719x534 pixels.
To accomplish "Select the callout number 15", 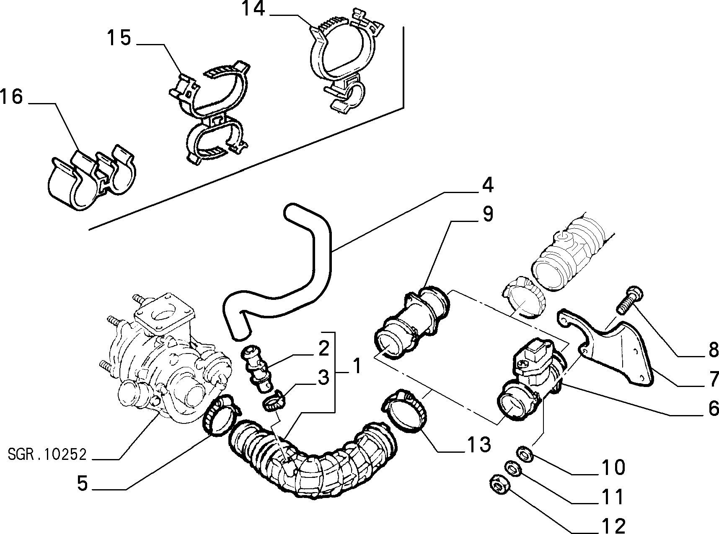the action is pyautogui.click(x=119, y=38).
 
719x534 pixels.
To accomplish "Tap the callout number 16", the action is pyautogui.click(x=11, y=97).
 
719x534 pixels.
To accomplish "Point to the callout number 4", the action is pyautogui.click(x=486, y=185).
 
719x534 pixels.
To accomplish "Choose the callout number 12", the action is pyautogui.click(x=613, y=525).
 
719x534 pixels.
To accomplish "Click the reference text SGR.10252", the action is pyautogui.click(x=47, y=454).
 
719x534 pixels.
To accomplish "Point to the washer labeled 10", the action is pyautogui.click(x=524, y=454).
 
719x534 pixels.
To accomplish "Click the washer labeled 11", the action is pyautogui.click(x=510, y=468).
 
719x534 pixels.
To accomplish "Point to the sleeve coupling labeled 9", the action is pyautogui.click(x=411, y=320).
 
